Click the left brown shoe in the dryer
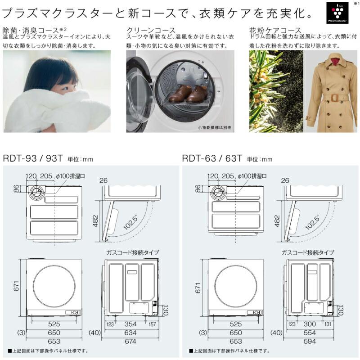click(x=179, y=93)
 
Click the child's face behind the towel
click(x=50, y=83)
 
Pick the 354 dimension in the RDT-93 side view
click(x=131, y=324)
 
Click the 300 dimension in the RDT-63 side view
click(x=310, y=324)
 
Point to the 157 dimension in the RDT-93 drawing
click(x=152, y=324)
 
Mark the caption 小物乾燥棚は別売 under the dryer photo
click(x=214, y=128)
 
